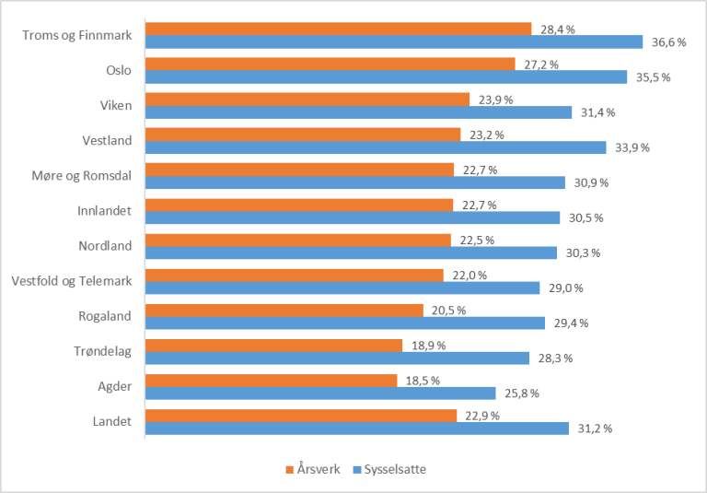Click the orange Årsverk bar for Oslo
330,64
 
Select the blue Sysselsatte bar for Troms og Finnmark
393,41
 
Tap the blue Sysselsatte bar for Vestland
376,147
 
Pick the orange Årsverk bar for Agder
271,380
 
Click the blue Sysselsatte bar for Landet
356,428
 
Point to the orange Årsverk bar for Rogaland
284,310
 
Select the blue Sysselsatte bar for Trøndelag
337,358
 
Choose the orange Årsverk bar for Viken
314,99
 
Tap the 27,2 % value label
540,65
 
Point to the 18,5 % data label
422,380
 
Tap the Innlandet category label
105,210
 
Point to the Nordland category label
106,245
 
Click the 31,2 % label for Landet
594,428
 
